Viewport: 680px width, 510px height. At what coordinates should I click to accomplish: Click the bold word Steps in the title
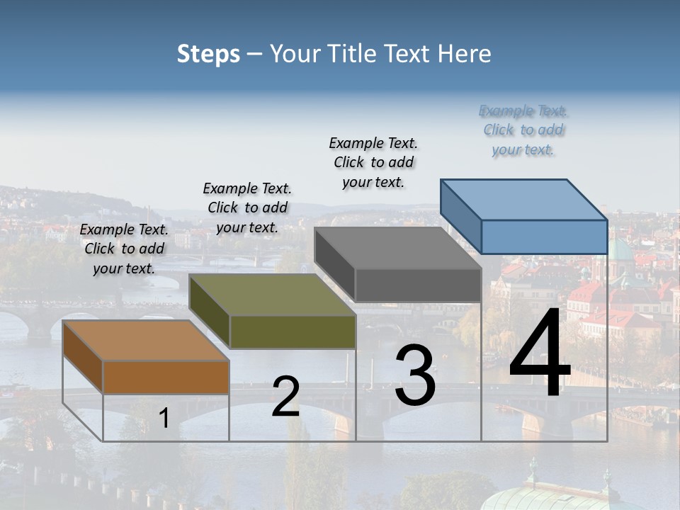click(x=208, y=54)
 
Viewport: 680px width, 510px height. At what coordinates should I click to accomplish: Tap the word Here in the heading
click(x=464, y=54)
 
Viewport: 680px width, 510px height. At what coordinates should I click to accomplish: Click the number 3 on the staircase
click(x=415, y=375)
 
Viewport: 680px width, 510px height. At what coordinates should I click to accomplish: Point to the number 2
click(x=285, y=397)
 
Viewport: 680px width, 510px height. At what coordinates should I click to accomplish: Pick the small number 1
click(x=164, y=419)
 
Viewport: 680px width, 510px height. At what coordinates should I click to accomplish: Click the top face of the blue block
click(x=524, y=200)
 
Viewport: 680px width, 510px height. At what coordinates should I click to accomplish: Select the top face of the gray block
click(x=398, y=248)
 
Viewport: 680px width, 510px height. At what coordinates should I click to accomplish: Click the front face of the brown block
click(x=166, y=378)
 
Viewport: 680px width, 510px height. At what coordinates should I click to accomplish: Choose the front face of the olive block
click(x=293, y=331)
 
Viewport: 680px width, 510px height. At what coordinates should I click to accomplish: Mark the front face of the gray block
click(x=418, y=285)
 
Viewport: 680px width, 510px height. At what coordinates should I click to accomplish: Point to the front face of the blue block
click(x=544, y=237)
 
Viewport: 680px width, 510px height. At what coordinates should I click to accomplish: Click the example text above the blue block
click(x=523, y=130)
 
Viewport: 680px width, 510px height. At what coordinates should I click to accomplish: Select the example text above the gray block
click(x=373, y=162)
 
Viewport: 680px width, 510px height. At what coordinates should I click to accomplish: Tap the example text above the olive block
click(x=247, y=208)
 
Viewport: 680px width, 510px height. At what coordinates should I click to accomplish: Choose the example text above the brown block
click(x=124, y=249)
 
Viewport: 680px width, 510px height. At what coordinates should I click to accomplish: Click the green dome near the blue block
click(x=621, y=251)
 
